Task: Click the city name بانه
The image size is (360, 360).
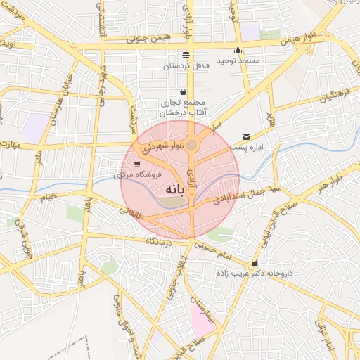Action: tap(176, 190)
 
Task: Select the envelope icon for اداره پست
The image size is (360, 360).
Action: tap(245, 136)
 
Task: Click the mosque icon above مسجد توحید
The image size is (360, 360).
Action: tap(238, 50)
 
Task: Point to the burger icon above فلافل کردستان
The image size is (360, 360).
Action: tap(185, 55)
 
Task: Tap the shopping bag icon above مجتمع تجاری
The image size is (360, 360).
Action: tap(184, 91)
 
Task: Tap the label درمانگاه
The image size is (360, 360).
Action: tap(160, 241)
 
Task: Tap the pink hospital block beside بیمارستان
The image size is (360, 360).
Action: tap(203, 321)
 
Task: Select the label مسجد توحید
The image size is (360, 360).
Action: tap(238, 61)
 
